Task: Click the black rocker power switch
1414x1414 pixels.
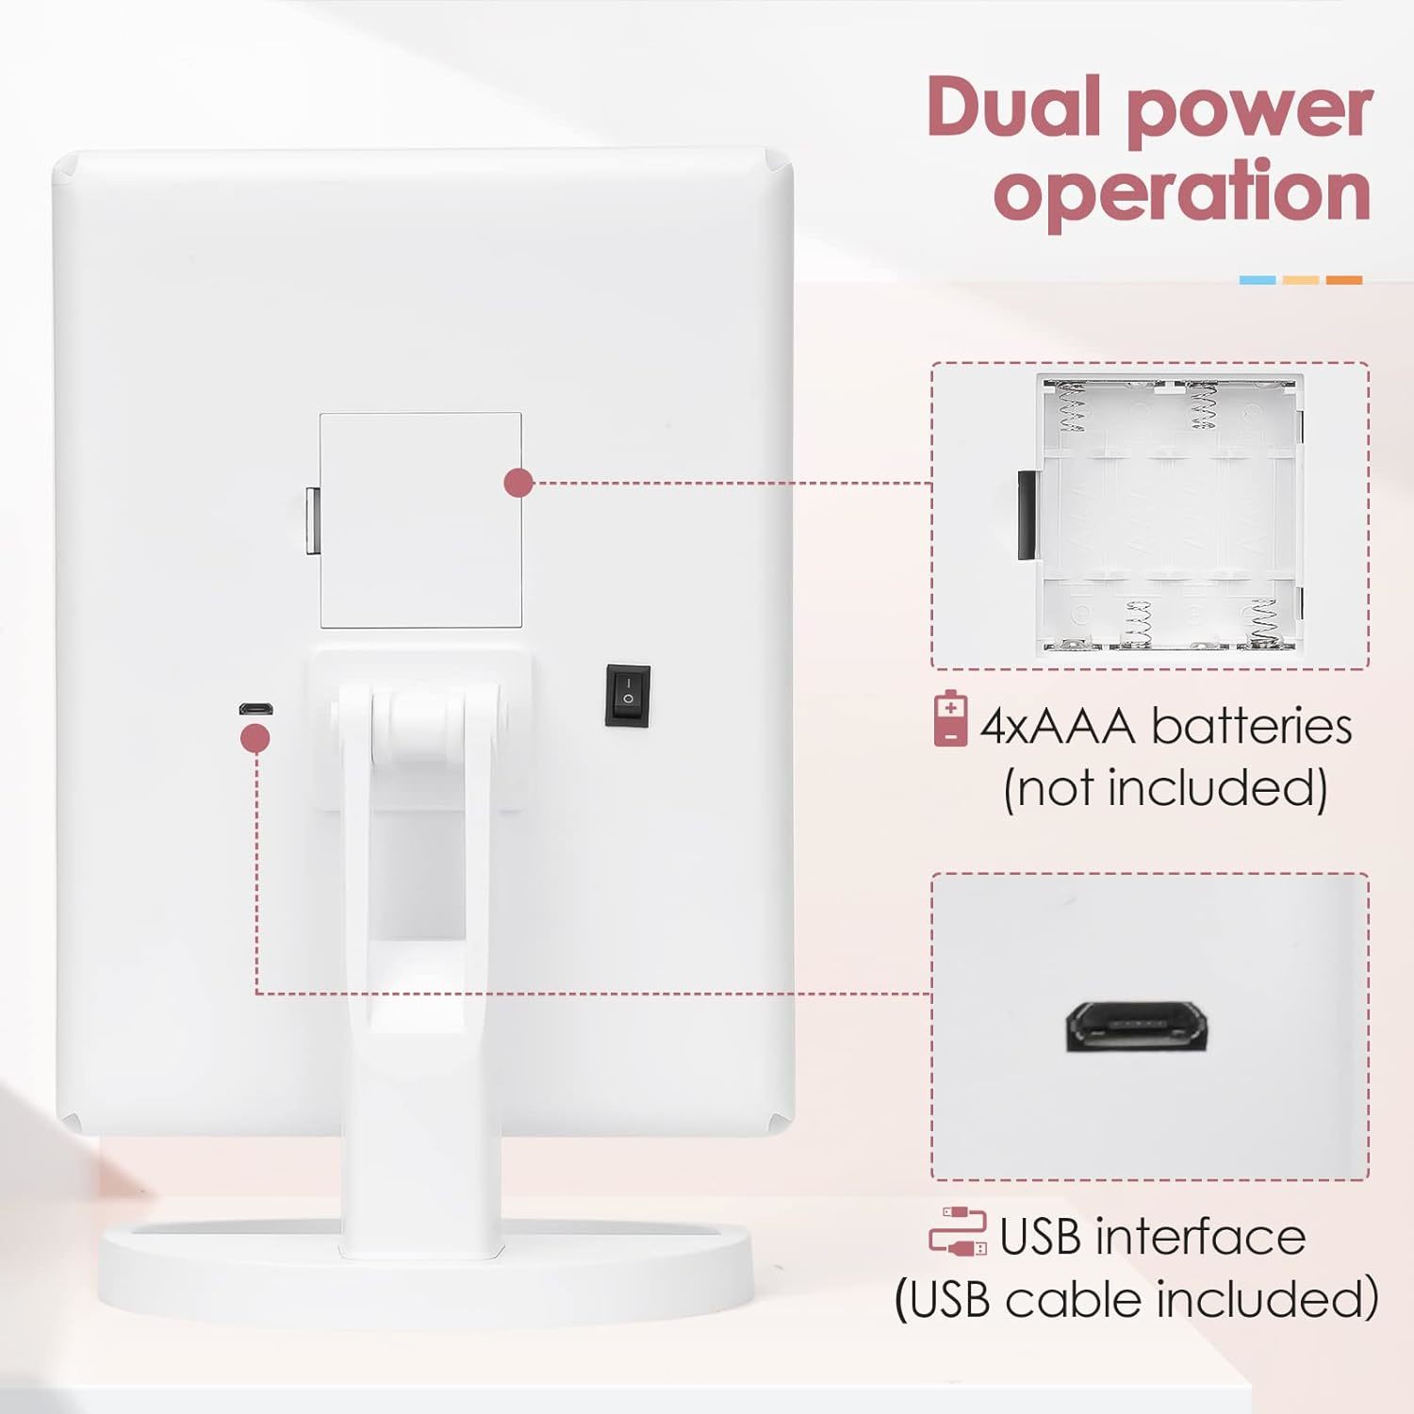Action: pyautogui.click(x=628, y=696)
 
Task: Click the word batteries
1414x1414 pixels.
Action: pyautogui.click(x=1252, y=726)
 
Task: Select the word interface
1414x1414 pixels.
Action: pyautogui.click(x=1202, y=1236)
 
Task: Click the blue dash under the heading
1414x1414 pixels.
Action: pyautogui.click(x=1258, y=280)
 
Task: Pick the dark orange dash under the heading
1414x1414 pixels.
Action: pyautogui.click(x=1344, y=280)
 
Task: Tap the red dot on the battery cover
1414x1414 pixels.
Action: pyautogui.click(x=518, y=483)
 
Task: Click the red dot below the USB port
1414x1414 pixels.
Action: pyautogui.click(x=255, y=738)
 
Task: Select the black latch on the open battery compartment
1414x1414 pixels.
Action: pyautogui.click(x=1027, y=515)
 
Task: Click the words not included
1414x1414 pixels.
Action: pyautogui.click(x=1165, y=788)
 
